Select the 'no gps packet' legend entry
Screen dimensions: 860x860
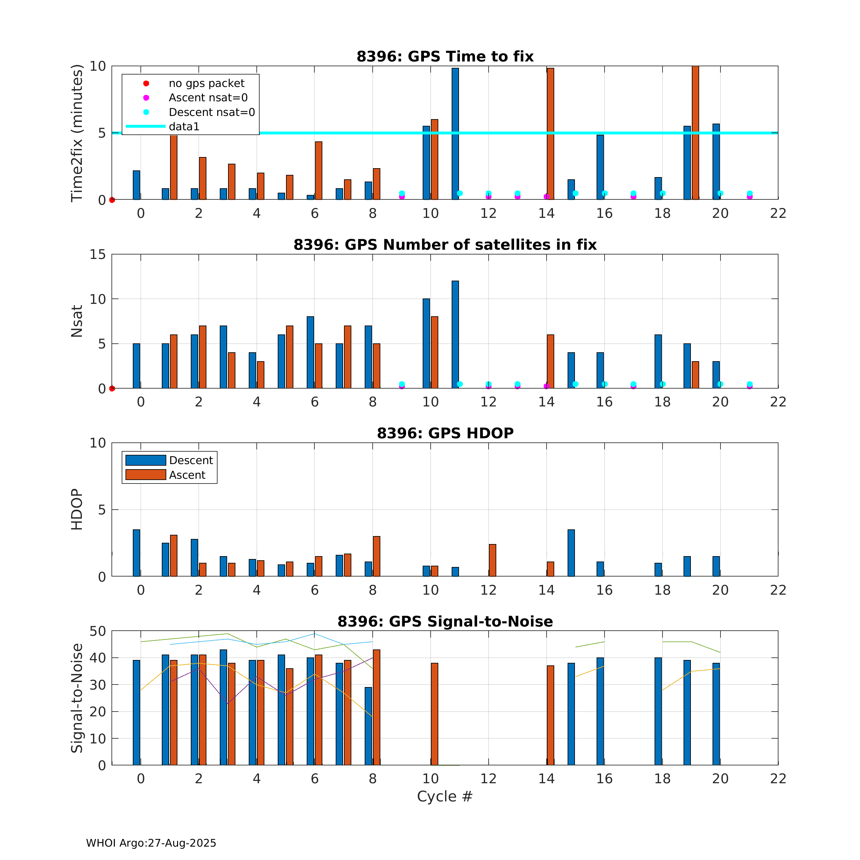pyautogui.click(x=206, y=83)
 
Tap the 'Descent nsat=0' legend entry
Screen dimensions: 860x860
pyautogui.click(x=211, y=112)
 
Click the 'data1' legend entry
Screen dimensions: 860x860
pyautogui.click(x=184, y=126)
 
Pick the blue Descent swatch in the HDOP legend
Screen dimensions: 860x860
pyautogui.click(x=146, y=460)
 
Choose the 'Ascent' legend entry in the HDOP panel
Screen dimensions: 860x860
pyautogui.click(x=187, y=475)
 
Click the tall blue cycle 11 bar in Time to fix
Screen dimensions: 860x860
pyautogui.click(x=455, y=133)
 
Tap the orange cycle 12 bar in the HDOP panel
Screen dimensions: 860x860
pyautogui.click(x=492, y=560)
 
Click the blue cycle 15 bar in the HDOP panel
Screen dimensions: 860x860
pyautogui.click(x=571, y=553)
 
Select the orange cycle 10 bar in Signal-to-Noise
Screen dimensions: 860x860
pyautogui.click(x=434, y=714)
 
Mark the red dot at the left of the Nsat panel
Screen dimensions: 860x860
pyautogui.click(x=112, y=388)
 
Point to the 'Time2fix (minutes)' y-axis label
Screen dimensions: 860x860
pyautogui.click(x=77, y=133)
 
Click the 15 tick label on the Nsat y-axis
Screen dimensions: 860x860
pyautogui.click(x=98, y=254)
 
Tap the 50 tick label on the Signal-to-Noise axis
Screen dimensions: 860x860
pyautogui.click(x=98, y=631)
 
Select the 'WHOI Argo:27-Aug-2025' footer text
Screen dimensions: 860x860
pyautogui.click(x=151, y=843)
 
